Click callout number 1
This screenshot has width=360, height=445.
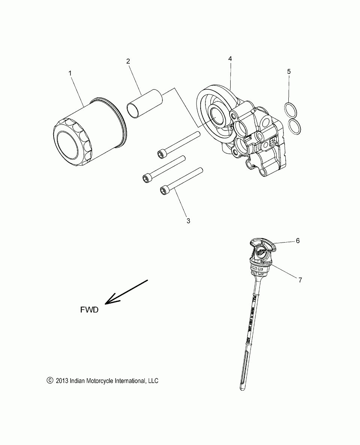click(x=70, y=73)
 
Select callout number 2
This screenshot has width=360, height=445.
click(x=128, y=61)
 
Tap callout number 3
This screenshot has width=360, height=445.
click(x=188, y=221)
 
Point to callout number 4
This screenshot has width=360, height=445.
click(x=230, y=58)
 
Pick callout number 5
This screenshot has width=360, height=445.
click(x=289, y=71)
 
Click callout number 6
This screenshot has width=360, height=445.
click(x=308, y=241)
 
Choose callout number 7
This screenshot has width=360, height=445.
click(x=310, y=280)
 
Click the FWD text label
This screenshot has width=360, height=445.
click(x=89, y=310)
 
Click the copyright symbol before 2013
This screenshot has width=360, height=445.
click(x=50, y=381)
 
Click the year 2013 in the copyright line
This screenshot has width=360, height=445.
click(x=61, y=381)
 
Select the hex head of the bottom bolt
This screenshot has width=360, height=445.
click(x=164, y=190)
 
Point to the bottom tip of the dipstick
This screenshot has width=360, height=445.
click(x=242, y=389)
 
